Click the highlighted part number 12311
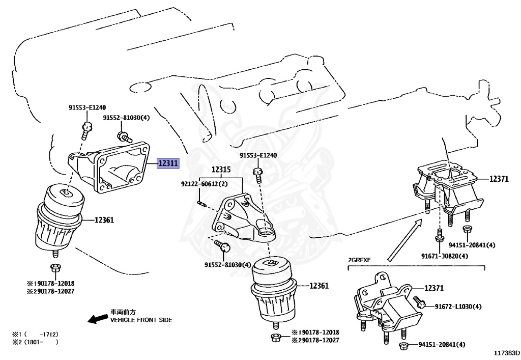[168, 163]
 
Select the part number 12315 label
[221, 169]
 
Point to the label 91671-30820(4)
[444, 256]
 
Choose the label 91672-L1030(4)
[458, 307]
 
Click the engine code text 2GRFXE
[359, 260]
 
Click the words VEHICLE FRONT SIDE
[141, 320]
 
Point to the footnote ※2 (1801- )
[36, 342]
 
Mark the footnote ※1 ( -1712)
[36, 334]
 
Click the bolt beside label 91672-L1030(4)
[420, 303]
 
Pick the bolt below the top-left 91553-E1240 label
[87, 128]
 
